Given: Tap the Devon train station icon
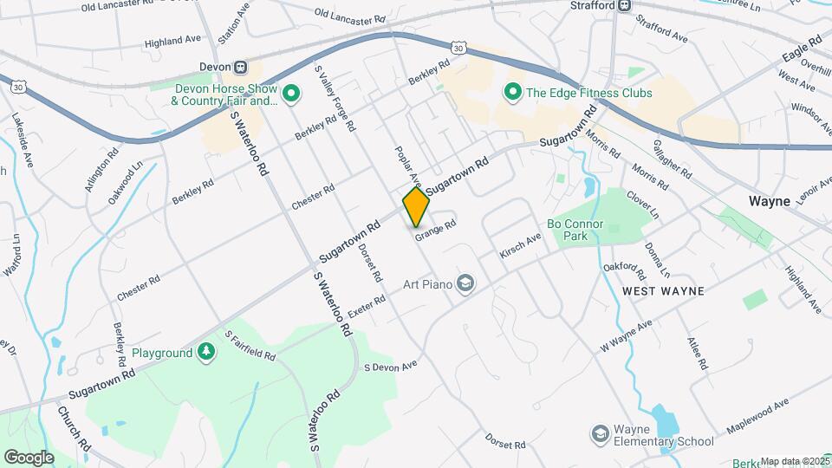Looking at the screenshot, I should click(x=242, y=67).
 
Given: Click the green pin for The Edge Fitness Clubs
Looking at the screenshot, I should click(x=512, y=91).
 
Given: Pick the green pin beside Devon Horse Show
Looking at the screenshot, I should click(x=292, y=91).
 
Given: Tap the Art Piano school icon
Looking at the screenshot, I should click(x=465, y=283).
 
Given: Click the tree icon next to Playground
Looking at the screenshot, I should click(x=206, y=352).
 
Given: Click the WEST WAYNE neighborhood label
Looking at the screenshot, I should click(x=663, y=291).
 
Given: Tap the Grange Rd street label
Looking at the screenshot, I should click(x=435, y=230).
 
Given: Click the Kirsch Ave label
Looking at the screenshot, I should click(x=520, y=245).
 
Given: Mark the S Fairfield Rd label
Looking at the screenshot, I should click(x=250, y=345).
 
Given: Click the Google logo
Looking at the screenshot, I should click(x=29, y=457).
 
